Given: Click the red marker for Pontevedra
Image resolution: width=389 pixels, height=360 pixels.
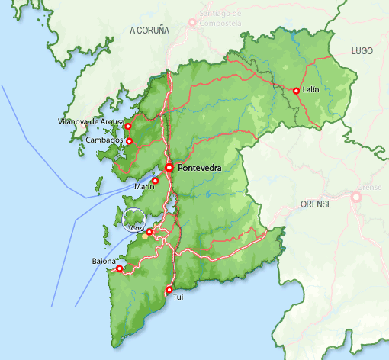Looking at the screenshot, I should (x=169, y=167).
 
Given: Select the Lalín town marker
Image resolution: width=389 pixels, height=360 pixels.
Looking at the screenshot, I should (x=296, y=91).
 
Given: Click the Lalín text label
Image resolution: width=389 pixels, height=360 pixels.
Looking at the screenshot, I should (x=310, y=90).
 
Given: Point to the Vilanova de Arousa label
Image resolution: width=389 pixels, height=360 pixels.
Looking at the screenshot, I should (x=89, y=122).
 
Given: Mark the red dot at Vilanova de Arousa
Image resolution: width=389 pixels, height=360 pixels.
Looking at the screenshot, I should (x=128, y=127).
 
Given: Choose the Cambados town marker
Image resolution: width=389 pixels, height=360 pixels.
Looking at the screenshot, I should (x=129, y=141).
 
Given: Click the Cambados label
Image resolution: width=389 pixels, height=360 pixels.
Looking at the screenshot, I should (x=104, y=140).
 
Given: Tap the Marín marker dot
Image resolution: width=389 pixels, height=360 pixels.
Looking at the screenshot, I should (x=156, y=181).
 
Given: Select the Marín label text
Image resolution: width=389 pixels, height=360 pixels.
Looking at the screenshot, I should (x=143, y=186).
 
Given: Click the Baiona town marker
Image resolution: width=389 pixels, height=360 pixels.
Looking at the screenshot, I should (x=119, y=268).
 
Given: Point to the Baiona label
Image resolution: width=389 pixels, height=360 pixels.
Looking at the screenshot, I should (x=104, y=262).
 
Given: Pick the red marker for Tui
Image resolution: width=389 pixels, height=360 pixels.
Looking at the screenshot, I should (x=169, y=289).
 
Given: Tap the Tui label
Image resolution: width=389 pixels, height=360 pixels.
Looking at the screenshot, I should (x=179, y=296).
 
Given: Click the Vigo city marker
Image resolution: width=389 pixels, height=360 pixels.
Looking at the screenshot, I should (x=149, y=232).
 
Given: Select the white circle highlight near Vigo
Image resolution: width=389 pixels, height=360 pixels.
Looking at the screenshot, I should (x=133, y=220).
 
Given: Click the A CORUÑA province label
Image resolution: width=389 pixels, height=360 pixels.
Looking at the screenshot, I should (x=149, y=30).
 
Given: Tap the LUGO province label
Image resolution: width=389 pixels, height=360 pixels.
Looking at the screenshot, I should (x=362, y=50).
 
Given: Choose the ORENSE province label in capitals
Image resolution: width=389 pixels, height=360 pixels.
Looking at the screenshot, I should (x=317, y=204).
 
